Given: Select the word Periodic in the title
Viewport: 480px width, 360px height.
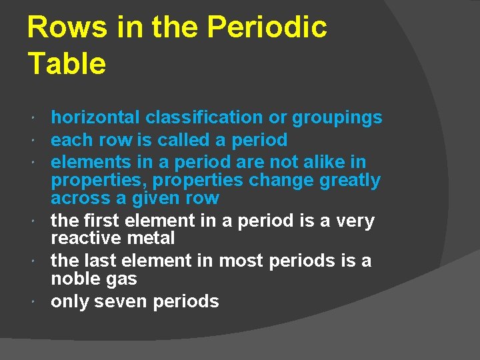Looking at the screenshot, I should (x=267, y=28).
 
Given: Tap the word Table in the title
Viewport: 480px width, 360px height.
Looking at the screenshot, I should (x=67, y=64).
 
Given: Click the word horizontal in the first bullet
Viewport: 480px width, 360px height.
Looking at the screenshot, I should (x=96, y=118).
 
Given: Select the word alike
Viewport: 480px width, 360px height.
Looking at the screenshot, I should (x=325, y=162).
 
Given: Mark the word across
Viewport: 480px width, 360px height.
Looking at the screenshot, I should (x=81, y=198).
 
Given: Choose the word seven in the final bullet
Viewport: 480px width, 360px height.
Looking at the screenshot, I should (x=121, y=301).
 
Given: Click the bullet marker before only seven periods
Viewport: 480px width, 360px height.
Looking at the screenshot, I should (x=34, y=302).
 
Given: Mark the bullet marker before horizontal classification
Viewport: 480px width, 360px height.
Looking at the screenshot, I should (x=34, y=118).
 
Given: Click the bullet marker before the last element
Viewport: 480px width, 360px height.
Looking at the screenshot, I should (x=34, y=261).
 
